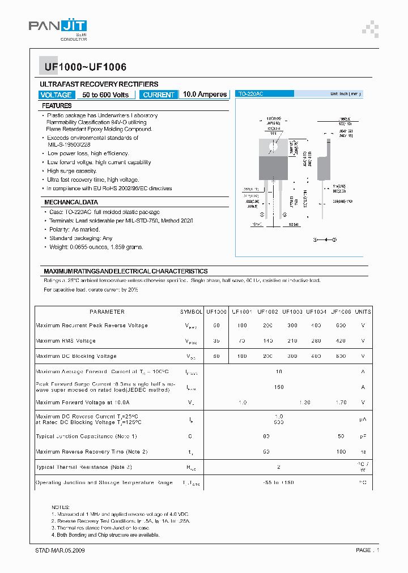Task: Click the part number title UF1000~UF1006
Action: [x=82, y=67]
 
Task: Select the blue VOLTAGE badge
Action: [x=56, y=95]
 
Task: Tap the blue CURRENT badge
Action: [x=159, y=95]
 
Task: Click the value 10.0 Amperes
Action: [x=205, y=95]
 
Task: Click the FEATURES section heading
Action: [x=57, y=106]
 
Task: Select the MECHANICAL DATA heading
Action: [x=71, y=202]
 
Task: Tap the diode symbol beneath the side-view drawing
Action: [x=325, y=240]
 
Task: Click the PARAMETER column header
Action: [x=107, y=312]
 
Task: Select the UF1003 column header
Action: [x=292, y=312]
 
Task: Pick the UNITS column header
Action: [x=363, y=312]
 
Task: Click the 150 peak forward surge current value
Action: [x=278, y=387]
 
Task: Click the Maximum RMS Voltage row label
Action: [x=66, y=341]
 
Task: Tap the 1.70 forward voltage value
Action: [x=341, y=403]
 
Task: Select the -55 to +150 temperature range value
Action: [x=278, y=482]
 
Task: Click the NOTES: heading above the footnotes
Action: [x=61, y=507]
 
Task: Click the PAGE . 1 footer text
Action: [x=367, y=550]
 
